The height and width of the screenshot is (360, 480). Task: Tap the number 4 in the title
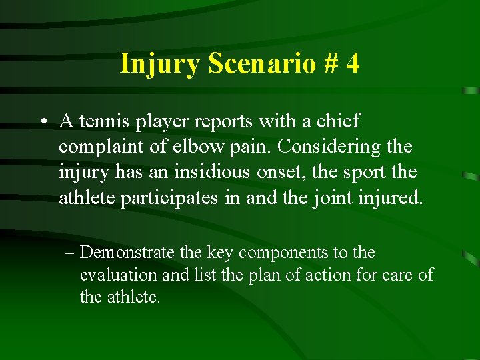point(353,64)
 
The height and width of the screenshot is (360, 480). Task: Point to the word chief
point(339,121)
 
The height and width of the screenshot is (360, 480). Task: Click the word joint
point(330,197)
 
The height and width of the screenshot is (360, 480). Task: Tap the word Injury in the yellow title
point(161,64)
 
